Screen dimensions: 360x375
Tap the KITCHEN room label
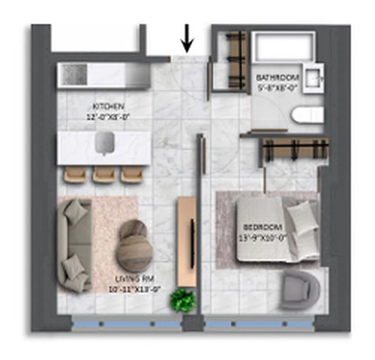click(x=108, y=107)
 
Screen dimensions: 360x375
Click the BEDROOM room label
click(x=262, y=227)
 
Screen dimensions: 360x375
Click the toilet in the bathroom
click(x=308, y=115)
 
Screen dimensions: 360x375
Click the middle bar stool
click(x=104, y=175)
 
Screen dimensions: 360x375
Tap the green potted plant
click(x=183, y=300)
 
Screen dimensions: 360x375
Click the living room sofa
click(x=74, y=245)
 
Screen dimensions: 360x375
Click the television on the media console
click(x=192, y=243)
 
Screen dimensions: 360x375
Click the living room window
click(x=127, y=324)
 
